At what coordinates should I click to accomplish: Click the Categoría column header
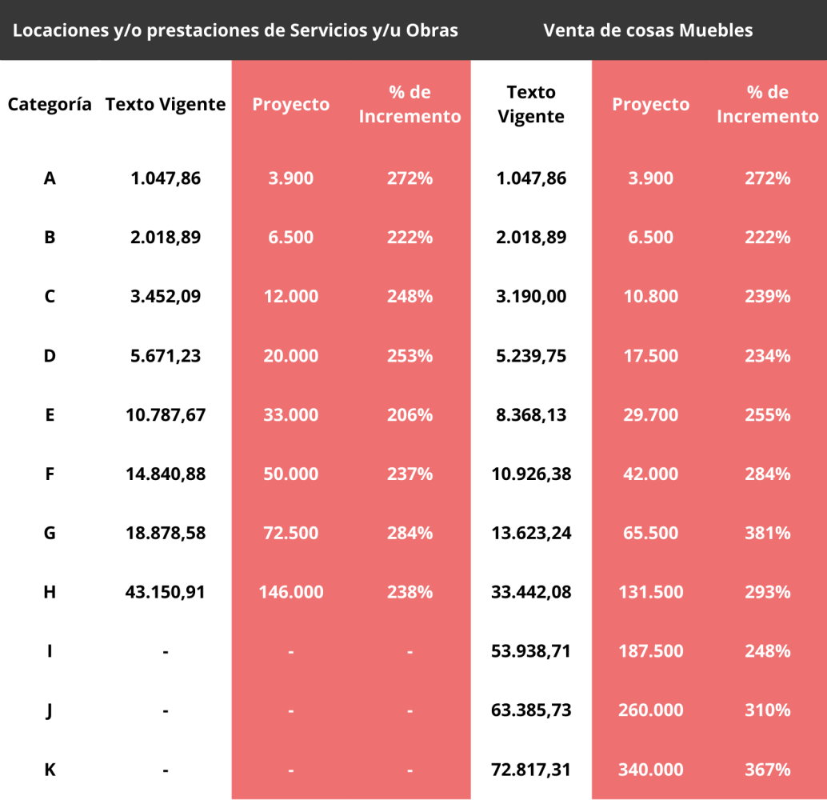click(x=50, y=105)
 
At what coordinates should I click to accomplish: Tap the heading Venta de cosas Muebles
click(x=648, y=30)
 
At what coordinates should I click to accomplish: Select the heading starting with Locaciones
click(x=236, y=30)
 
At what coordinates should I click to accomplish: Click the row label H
click(x=50, y=592)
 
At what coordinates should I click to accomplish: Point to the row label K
click(x=50, y=770)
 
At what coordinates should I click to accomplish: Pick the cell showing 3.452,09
click(x=166, y=296)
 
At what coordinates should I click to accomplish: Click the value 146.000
click(x=291, y=592)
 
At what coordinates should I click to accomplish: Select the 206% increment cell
click(x=410, y=414)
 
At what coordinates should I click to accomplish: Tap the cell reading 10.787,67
click(x=166, y=414)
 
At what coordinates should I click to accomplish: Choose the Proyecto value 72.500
click(x=291, y=533)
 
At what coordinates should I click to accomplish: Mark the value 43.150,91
click(x=166, y=592)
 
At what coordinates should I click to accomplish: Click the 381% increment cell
click(x=767, y=533)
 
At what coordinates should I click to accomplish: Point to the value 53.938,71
click(x=531, y=651)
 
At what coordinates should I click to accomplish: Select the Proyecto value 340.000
click(x=650, y=770)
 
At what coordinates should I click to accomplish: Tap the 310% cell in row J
click(x=767, y=710)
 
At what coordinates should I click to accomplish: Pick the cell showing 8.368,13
click(x=531, y=414)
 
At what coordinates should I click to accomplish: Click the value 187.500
click(x=650, y=651)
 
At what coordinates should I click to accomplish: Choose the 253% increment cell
click(x=410, y=355)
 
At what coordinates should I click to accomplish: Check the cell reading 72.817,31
click(x=531, y=770)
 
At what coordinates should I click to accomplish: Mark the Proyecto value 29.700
click(x=650, y=414)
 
